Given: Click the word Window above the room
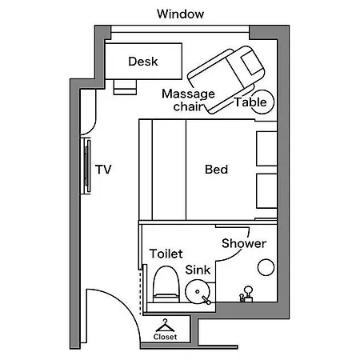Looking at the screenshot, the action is tap(180, 14).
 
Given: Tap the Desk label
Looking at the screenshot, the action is tap(143, 62).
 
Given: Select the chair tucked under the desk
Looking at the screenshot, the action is tap(125, 87).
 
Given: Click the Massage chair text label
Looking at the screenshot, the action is tap(188, 100).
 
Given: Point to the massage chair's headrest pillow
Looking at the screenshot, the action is tap(252, 63).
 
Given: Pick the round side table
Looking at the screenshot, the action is tap(262, 102).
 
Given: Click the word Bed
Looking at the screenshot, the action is tap(216, 170).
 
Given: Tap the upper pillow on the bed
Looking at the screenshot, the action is tap(266, 149).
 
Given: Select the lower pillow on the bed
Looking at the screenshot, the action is tap(266, 191).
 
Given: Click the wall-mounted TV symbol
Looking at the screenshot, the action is tap(86, 166).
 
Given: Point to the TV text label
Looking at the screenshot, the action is tap(103, 170).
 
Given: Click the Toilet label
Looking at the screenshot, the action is tap(166, 254).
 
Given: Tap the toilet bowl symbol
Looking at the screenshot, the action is tap(166, 284).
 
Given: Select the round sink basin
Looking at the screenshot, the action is tap(198, 291).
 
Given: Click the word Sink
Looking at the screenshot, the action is tap(198, 270).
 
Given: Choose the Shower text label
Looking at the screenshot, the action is tap(244, 243).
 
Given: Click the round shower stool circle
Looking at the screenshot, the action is tap(266, 267).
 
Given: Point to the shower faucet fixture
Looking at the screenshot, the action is tap(246, 294).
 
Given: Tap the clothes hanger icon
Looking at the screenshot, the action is tap(166, 326).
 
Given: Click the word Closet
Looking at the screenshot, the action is tap(165, 337).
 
